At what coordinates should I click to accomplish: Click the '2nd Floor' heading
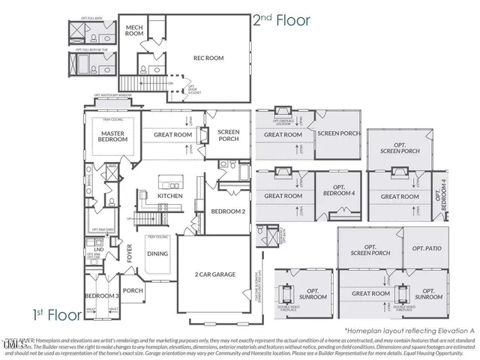(x=281, y=20)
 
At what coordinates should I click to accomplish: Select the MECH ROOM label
(x=135, y=30)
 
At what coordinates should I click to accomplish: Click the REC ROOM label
(x=208, y=58)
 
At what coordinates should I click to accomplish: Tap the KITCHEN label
(x=170, y=196)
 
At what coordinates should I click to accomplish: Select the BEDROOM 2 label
(x=228, y=211)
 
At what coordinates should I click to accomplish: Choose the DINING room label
(x=157, y=253)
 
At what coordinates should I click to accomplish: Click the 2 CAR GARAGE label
(x=215, y=274)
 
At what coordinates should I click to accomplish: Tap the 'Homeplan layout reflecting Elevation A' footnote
(x=409, y=330)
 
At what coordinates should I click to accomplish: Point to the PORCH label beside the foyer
(x=133, y=290)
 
